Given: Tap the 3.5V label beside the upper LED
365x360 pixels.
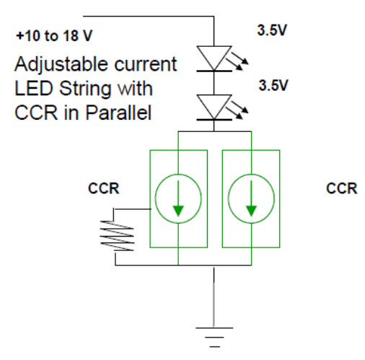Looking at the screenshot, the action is pos(272,30).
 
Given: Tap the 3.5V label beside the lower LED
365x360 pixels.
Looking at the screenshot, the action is pos(273,85).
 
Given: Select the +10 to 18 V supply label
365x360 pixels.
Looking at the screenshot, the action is pos(54,36).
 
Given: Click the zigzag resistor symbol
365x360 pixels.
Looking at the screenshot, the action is pos(117,236).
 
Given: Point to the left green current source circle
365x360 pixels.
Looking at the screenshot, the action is pos(155,198).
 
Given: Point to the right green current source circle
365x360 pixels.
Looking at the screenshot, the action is pos(228,198).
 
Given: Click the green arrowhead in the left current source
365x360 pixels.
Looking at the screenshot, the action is pos(178,211).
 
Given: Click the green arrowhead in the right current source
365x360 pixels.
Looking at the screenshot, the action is pos(251,211).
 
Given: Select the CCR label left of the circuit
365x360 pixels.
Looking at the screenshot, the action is pos(104,188).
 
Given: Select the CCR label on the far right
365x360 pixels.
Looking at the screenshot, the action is pos(342,188).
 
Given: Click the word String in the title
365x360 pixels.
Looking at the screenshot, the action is pos(85,89).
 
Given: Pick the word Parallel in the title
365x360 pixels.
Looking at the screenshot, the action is pos(119,113).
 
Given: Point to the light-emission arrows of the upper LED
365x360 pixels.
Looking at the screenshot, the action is pos(237,61).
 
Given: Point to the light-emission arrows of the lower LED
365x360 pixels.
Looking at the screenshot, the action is pos(237,110).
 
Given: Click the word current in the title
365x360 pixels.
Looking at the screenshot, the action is pos(146,64).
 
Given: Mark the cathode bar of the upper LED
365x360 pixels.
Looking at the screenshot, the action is pos(214,71).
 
